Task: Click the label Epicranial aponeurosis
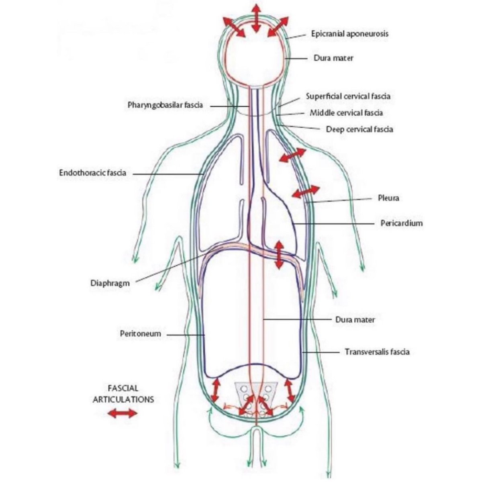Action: click(349, 34)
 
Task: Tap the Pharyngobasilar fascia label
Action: click(165, 105)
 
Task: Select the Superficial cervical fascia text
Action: click(348, 96)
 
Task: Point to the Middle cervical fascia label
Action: click(346, 113)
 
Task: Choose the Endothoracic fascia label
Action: click(92, 173)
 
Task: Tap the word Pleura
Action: click(388, 198)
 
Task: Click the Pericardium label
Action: click(402, 223)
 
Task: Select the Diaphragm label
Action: click(110, 283)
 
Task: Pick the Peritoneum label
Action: click(140, 333)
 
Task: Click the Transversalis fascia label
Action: click(377, 352)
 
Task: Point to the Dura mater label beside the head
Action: click(333, 58)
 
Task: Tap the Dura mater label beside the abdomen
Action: click(355, 320)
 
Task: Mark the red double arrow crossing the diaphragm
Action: click(278, 255)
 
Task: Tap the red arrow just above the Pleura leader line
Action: click(306, 192)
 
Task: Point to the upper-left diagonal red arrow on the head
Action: click(234, 27)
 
